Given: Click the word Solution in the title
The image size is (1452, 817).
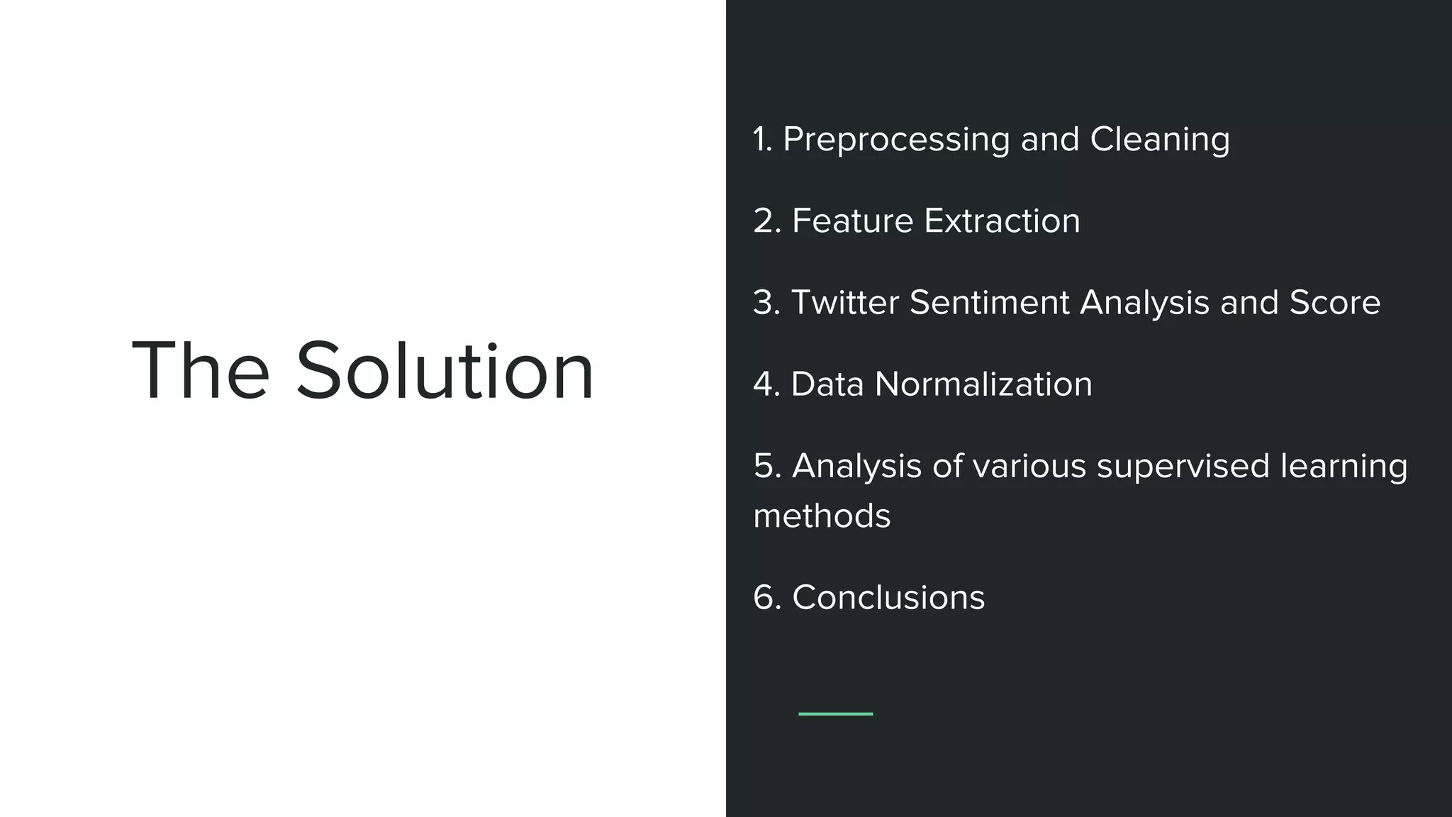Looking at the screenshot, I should pos(445,371).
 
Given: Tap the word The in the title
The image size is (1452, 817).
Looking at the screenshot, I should pos(201,371).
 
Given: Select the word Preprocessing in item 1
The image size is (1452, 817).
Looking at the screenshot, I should pos(896,140).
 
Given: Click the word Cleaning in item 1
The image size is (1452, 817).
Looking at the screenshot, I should pos(1160,140).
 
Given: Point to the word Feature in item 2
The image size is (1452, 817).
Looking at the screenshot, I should pos(852,221).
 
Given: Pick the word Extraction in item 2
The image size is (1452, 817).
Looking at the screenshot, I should pos(1002,221).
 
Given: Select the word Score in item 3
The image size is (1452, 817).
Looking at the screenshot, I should pos(1334,303).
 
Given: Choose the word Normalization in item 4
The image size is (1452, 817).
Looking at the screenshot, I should pos(983,384).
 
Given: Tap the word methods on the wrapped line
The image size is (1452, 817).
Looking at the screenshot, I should pos(822,516).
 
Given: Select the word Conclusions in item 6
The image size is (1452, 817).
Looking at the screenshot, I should pos(888,597).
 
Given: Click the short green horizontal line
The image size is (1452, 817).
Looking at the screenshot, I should pos(835,713).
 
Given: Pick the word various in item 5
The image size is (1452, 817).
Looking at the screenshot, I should pos(1029,467).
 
